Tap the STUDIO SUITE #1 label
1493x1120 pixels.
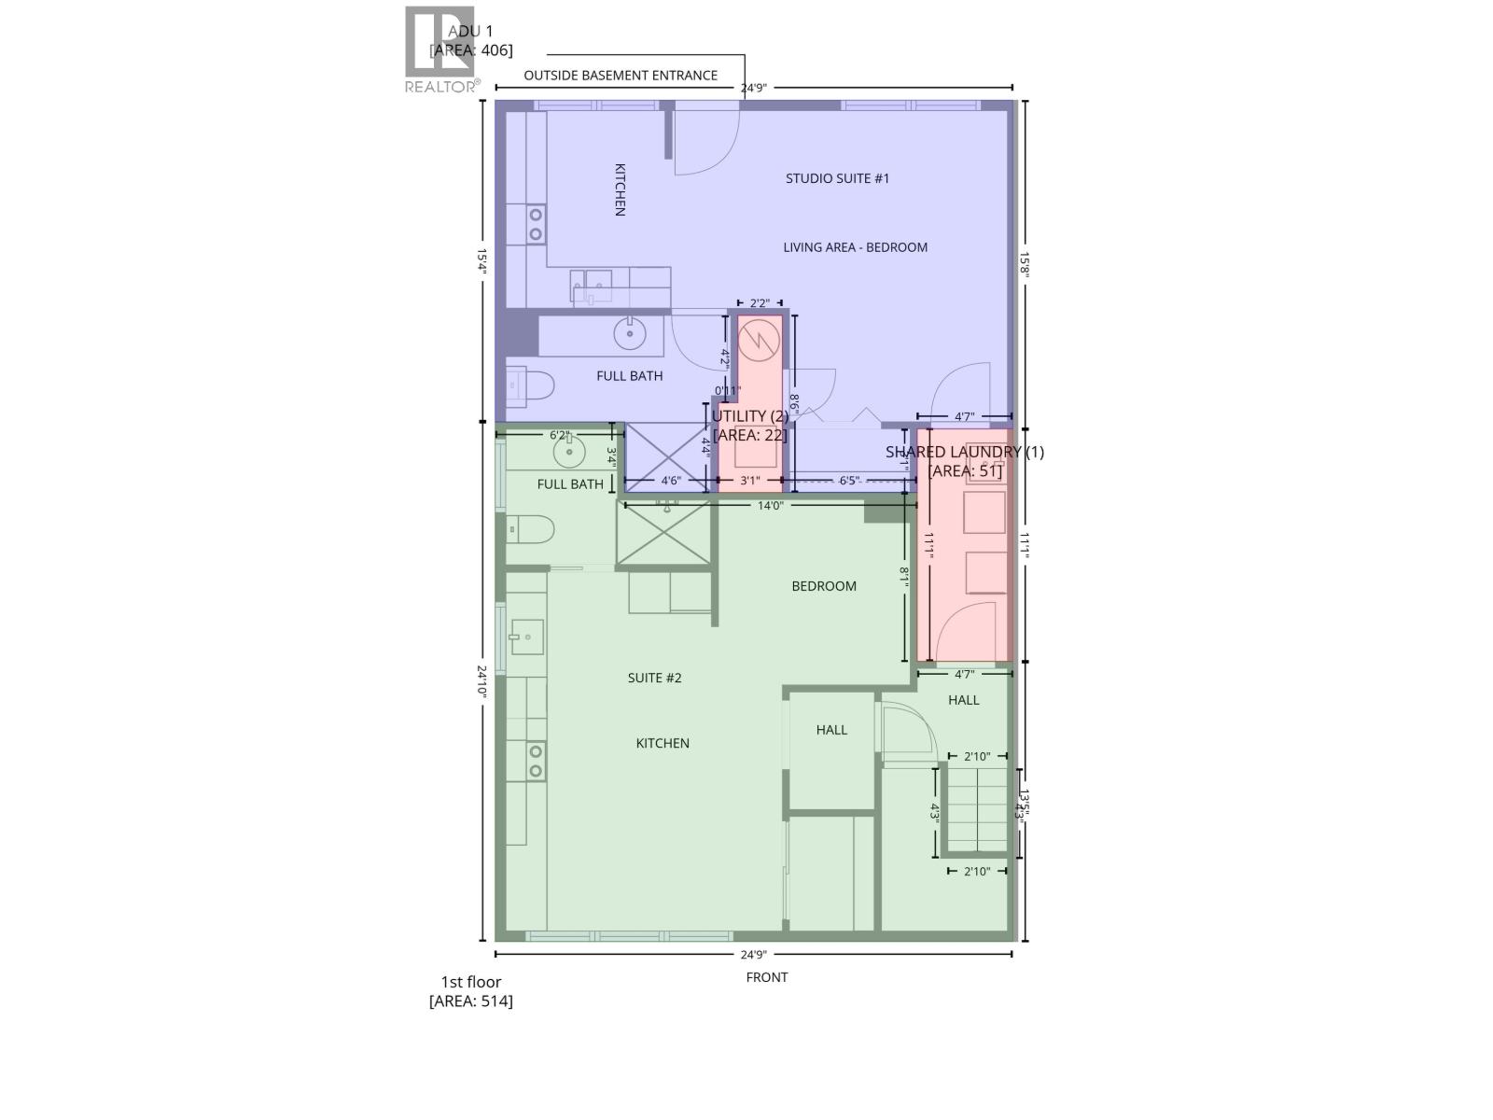[837, 178]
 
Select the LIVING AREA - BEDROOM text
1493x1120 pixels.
[855, 247]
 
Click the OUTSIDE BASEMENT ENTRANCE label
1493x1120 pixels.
[621, 76]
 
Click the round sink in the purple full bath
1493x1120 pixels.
[630, 332]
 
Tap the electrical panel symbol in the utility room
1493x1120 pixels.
[760, 341]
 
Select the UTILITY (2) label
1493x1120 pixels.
[750, 416]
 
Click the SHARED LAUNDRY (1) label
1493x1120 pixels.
[965, 452]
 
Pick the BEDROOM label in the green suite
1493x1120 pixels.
[824, 586]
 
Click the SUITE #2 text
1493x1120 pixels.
[654, 678]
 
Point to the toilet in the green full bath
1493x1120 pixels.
[531, 530]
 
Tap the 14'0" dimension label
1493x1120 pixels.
[770, 506]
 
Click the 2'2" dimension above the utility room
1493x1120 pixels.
[760, 303]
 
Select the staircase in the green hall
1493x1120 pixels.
[976, 808]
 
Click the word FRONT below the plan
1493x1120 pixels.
[767, 977]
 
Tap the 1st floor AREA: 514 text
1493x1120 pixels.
[470, 991]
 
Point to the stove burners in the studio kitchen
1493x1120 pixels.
[536, 224]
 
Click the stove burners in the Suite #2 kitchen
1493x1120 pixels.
[536, 761]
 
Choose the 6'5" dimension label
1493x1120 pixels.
[848, 481]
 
